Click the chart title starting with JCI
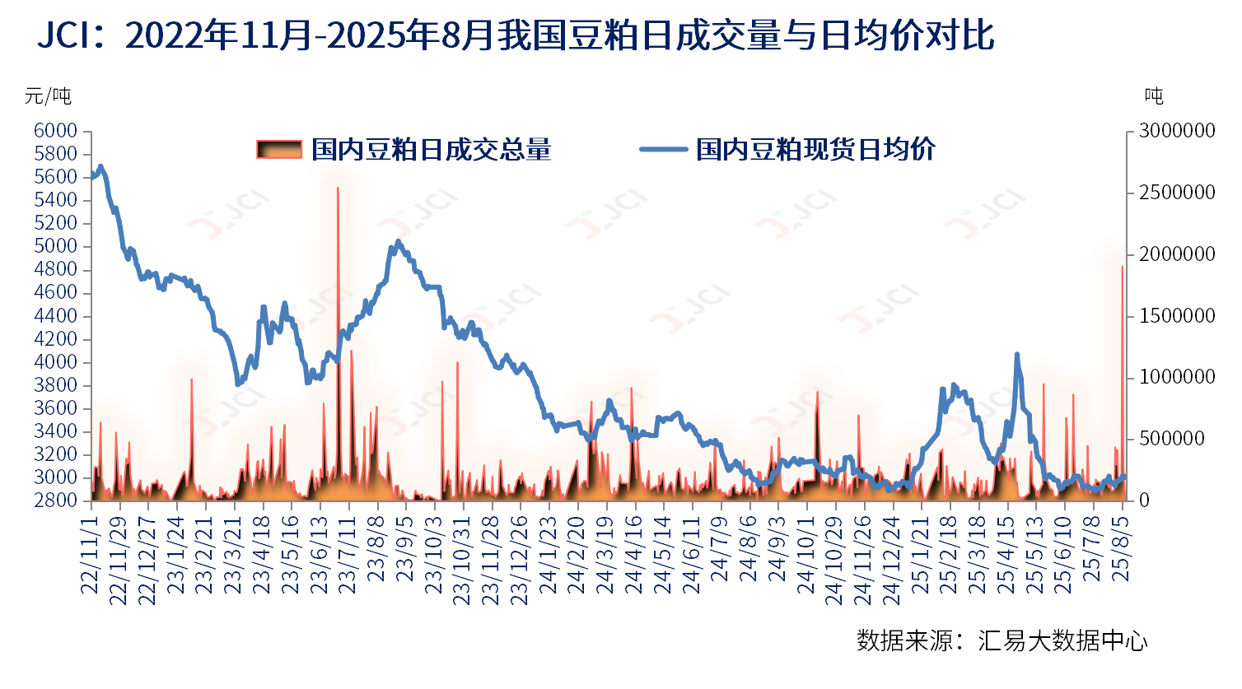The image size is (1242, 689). (x=516, y=36)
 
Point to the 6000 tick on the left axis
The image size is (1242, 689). (x=56, y=131)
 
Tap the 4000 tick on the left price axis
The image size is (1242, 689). (x=56, y=362)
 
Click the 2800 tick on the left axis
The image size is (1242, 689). (x=56, y=500)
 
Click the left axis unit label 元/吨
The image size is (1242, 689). (x=48, y=96)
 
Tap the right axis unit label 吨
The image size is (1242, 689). (x=1154, y=96)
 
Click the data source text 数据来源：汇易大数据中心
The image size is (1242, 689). (x=1002, y=640)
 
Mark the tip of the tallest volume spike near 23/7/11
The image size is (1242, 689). (x=338, y=189)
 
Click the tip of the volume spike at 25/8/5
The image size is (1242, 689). (x=1122, y=267)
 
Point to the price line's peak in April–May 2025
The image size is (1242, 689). (x=1016, y=355)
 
